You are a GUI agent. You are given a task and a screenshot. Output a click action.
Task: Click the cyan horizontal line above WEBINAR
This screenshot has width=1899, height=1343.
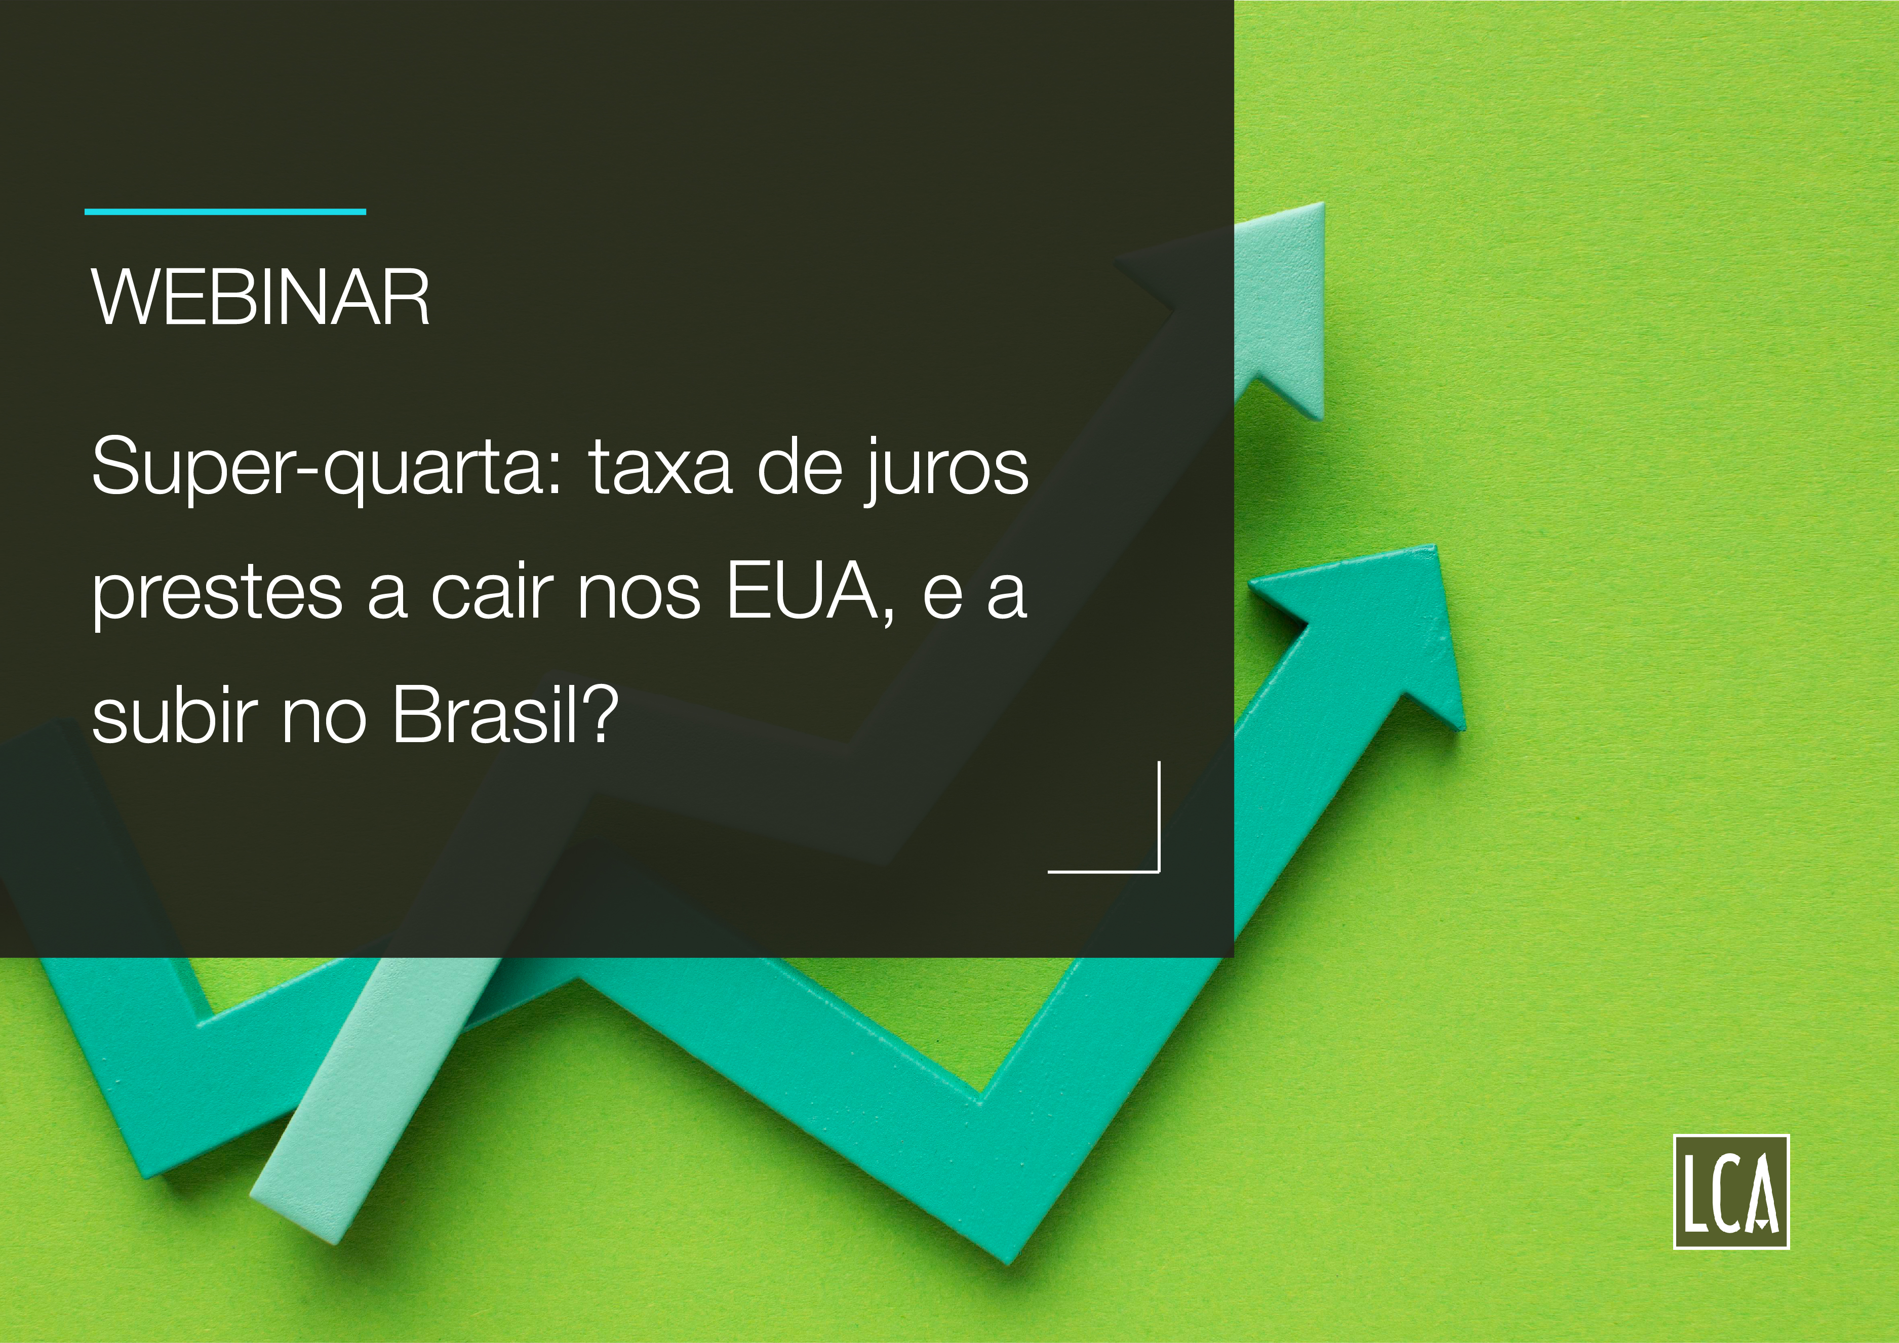[225, 212]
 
